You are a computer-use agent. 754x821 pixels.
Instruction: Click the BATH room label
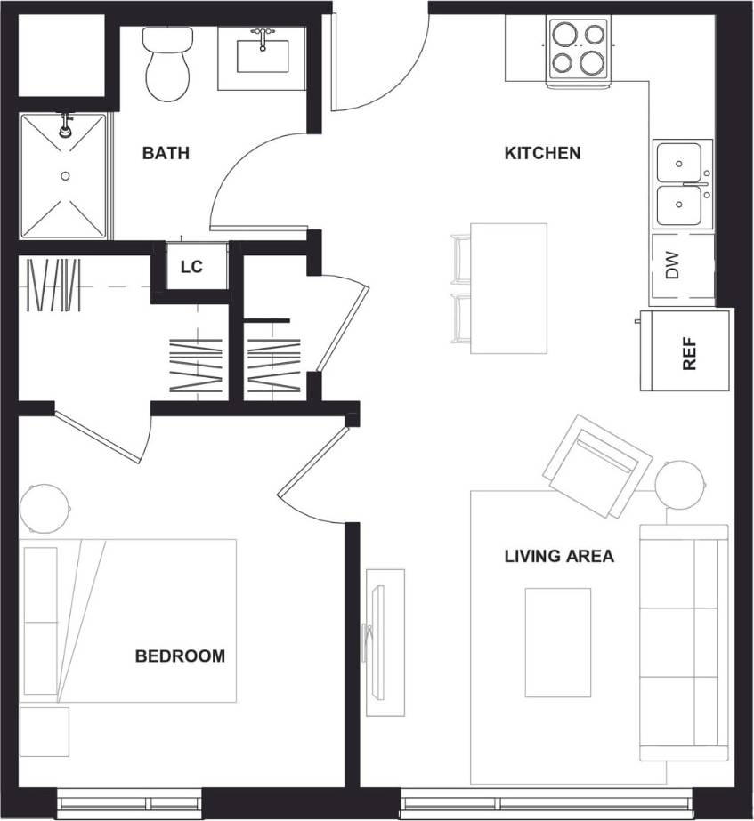coord(166,153)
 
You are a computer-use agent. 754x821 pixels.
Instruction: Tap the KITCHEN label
coord(542,153)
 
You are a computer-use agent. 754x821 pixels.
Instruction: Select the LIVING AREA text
coord(559,557)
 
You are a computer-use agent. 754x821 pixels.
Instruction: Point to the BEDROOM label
coord(180,656)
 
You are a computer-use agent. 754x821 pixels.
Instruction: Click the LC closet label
coord(191,267)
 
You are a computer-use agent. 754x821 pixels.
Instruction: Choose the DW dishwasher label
coord(673,266)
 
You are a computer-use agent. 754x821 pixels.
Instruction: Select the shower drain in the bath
coord(65,176)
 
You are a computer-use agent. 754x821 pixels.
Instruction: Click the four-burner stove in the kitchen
coord(578,48)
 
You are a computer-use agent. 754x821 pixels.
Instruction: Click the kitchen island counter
coord(507,288)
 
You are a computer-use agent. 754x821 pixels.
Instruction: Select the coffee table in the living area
coord(557,641)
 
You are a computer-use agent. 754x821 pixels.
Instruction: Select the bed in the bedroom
coord(129,620)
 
